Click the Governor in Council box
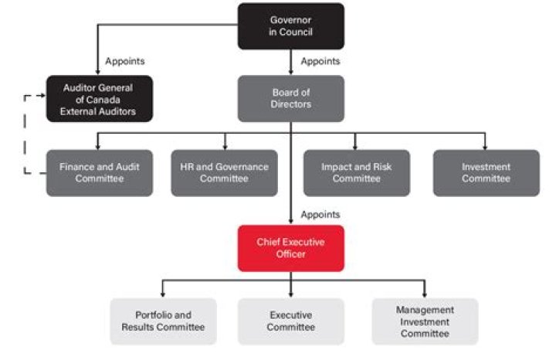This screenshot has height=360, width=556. coord(290,26)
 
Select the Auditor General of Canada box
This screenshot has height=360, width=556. coord(99,98)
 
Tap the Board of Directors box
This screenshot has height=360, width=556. coord(290,98)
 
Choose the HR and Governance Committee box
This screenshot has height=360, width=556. coord(225,172)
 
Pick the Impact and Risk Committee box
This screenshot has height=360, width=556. coord(356,172)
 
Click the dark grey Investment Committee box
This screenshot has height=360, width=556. coord(486,172)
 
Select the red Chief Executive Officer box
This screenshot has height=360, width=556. coord(290,248)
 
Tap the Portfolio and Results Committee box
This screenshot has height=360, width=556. coord(163,321)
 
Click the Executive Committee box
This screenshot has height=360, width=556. coord(290,321)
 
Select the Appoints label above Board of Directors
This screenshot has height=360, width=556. coord(320,60)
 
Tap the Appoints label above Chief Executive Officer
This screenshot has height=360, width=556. coord(320,214)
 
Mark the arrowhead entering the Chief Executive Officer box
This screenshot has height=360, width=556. coord(290,222)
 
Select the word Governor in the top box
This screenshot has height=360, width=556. coord(290,19)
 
